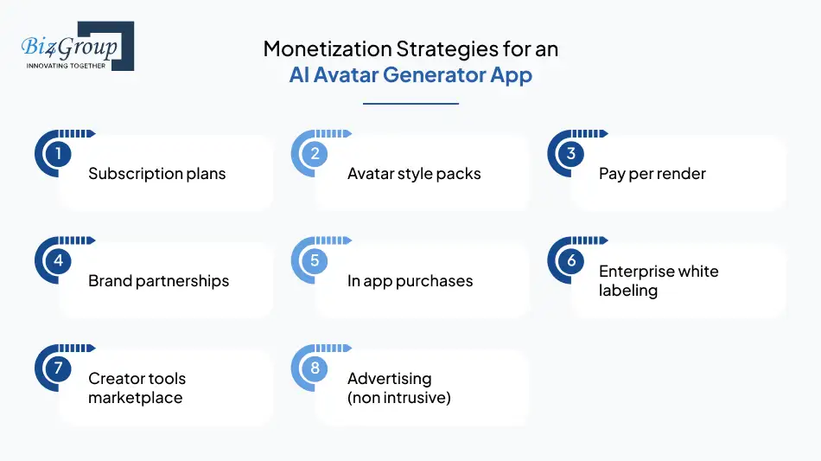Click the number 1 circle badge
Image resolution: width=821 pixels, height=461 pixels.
[57, 154]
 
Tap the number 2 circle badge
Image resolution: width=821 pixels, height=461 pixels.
[315, 154]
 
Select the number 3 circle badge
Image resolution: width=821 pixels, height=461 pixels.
[571, 154]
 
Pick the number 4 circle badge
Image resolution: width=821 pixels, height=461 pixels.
[57, 260]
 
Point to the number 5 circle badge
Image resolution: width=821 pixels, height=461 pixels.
[315, 260]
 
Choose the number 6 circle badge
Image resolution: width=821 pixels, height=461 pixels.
[571, 260]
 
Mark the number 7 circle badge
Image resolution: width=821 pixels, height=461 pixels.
[57, 368]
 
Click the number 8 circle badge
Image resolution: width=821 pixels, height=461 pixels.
[315, 368]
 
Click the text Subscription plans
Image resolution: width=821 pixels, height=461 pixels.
[156, 174]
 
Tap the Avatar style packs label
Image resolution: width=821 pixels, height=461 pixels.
[414, 174]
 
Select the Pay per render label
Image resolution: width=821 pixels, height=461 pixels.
[652, 174]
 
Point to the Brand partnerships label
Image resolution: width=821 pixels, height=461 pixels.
[158, 281]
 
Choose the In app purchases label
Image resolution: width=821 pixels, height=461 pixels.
[410, 281]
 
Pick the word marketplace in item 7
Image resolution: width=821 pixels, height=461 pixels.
[135, 398]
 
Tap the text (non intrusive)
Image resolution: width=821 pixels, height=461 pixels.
[399, 398]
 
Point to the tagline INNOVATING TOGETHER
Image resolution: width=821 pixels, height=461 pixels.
[67, 66]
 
